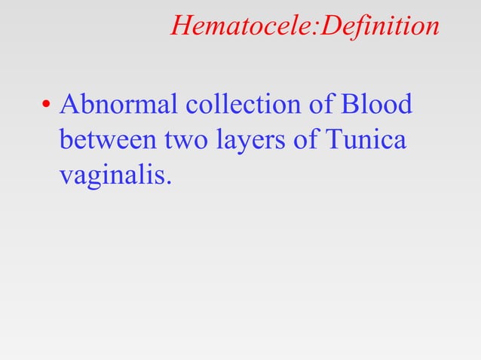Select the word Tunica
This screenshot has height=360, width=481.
(x=366, y=140)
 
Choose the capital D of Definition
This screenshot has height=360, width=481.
(x=329, y=27)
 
